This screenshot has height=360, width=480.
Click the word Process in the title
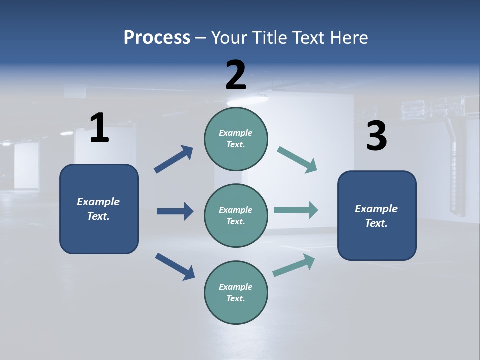pos(157,37)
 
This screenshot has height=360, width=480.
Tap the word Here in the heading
pos(347,37)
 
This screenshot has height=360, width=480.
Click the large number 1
pos(99,128)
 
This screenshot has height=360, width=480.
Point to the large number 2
pos(236,75)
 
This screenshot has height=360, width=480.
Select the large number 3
pos(376,136)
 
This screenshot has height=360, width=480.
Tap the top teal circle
pos(236,139)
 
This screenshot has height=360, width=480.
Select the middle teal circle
pos(236,215)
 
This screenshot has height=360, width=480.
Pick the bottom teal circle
pos(236,292)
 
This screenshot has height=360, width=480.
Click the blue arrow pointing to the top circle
pos(173,159)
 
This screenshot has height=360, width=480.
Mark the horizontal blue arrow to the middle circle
pos(175,211)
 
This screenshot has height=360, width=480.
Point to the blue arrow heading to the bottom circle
pos(175,266)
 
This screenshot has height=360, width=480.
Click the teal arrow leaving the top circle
pos(297,160)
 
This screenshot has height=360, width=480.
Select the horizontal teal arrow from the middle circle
pos(296,210)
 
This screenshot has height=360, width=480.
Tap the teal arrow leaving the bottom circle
pos(294,265)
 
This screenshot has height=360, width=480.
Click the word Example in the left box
pos(98,202)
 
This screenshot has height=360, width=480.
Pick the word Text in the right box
pos(376,223)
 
